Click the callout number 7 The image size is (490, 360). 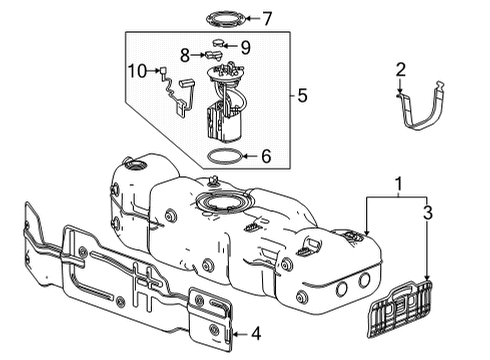pyautogui.click(x=267, y=17)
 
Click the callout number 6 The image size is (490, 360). pyautogui.click(x=266, y=156)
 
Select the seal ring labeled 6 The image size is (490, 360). pyautogui.click(x=226, y=156)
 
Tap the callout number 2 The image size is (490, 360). pyautogui.click(x=400, y=69)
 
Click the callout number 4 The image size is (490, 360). pyautogui.click(x=256, y=333)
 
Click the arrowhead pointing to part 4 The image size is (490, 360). pyautogui.click(x=236, y=333)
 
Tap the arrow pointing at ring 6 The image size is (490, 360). pyautogui.click(x=250, y=156)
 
